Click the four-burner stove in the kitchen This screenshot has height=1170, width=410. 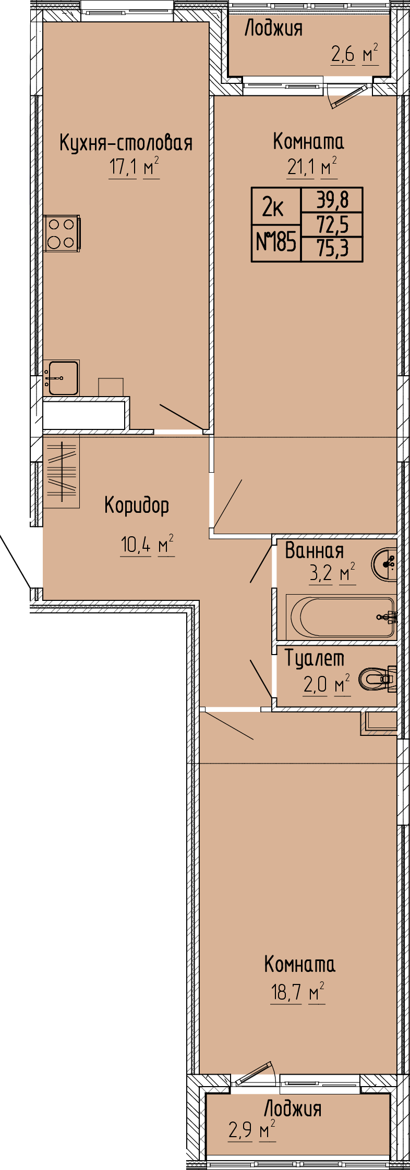pyautogui.click(x=62, y=233)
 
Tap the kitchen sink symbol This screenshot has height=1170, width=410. pyautogui.click(x=62, y=378)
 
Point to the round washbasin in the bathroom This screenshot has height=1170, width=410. pyautogui.click(x=385, y=564)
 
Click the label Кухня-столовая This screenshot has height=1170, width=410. pyautogui.click(x=126, y=142)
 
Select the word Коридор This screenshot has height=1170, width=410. pyautogui.click(x=137, y=506)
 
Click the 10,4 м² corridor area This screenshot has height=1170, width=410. pyautogui.click(x=147, y=545)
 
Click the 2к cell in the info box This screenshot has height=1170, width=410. pyautogui.click(x=273, y=208)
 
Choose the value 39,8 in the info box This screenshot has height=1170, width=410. pyautogui.click(x=332, y=200)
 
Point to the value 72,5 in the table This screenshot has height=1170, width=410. pyautogui.click(x=332, y=225)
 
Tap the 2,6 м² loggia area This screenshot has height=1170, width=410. pyautogui.click(x=355, y=54)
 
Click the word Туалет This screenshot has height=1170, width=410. pyautogui.click(x=315, y=659)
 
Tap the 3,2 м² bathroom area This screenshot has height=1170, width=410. pyautogui.click(x=332, y=573)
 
